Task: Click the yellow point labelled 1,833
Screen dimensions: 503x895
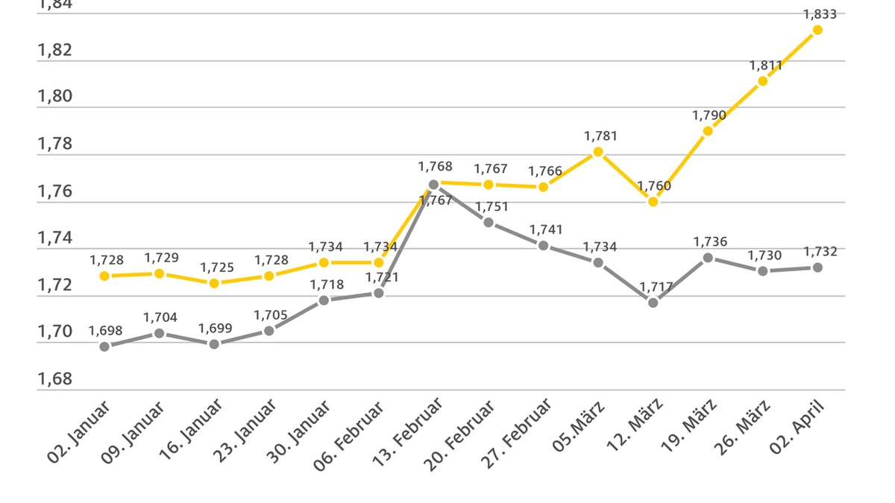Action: click(x=817, y=30)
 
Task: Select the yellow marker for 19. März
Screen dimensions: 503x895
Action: click(x=708, y=131)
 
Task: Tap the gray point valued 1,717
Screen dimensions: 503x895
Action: click(x=653, y=303)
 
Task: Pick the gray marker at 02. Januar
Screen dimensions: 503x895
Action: click(x=104, y=347)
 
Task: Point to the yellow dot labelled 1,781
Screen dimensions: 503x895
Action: click(x=598, y=152)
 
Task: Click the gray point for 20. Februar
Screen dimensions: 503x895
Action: click(x=489, y=222)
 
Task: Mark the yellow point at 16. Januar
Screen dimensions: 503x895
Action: click(x=214, y=283)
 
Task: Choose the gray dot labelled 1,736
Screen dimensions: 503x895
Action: click(x=708, y=258)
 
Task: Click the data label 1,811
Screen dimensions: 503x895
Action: click(x=766, y=66)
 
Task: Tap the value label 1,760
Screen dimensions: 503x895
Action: click(x=654, y=186)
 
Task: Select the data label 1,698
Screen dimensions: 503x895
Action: click(x=104, y=331)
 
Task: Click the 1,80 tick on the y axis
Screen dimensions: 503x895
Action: click(x=54, y=97)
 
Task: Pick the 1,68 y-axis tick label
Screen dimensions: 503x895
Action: click(x=54, y=379)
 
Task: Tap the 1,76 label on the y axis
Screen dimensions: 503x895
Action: click(x=54, y=192)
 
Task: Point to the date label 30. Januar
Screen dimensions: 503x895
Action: click(x=299, y=431)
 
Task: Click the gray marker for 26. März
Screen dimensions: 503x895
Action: click(x=763, y=271)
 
